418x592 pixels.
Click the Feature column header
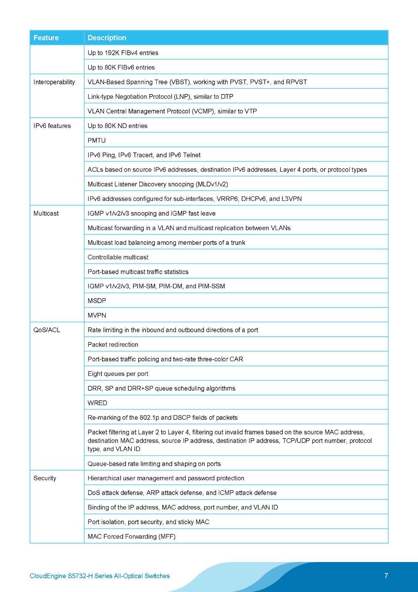click(x=46, y=38)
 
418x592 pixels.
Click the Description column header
click(x=107, y=38)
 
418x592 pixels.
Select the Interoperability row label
click(x=54, y=82)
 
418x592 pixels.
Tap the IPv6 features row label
click(x=52, y=126)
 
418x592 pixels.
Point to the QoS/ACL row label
click(x=47, y=330)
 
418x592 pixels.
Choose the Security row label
click(x=45, y=478)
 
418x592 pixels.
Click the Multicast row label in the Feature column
click(x=46, y=213)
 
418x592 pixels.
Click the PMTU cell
click(x=97, y=141)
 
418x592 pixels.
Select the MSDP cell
click(x=97, y=301)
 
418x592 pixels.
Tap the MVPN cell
click(x=97, y=315)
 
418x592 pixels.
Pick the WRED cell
click(x=98, y=403)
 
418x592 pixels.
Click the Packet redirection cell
click(x=113, y=344)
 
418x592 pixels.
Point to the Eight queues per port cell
click(x=118, y=374)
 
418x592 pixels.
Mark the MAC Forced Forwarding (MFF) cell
click(x=132, y=536)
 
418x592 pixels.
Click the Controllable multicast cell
click(x=118, y=257)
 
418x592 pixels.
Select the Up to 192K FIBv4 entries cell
click(x=123, y=53)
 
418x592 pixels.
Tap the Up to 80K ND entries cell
click(x=118, y=126)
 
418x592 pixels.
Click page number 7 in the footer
click(x=386, y=576)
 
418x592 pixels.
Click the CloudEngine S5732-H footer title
click(x=100, y=576)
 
